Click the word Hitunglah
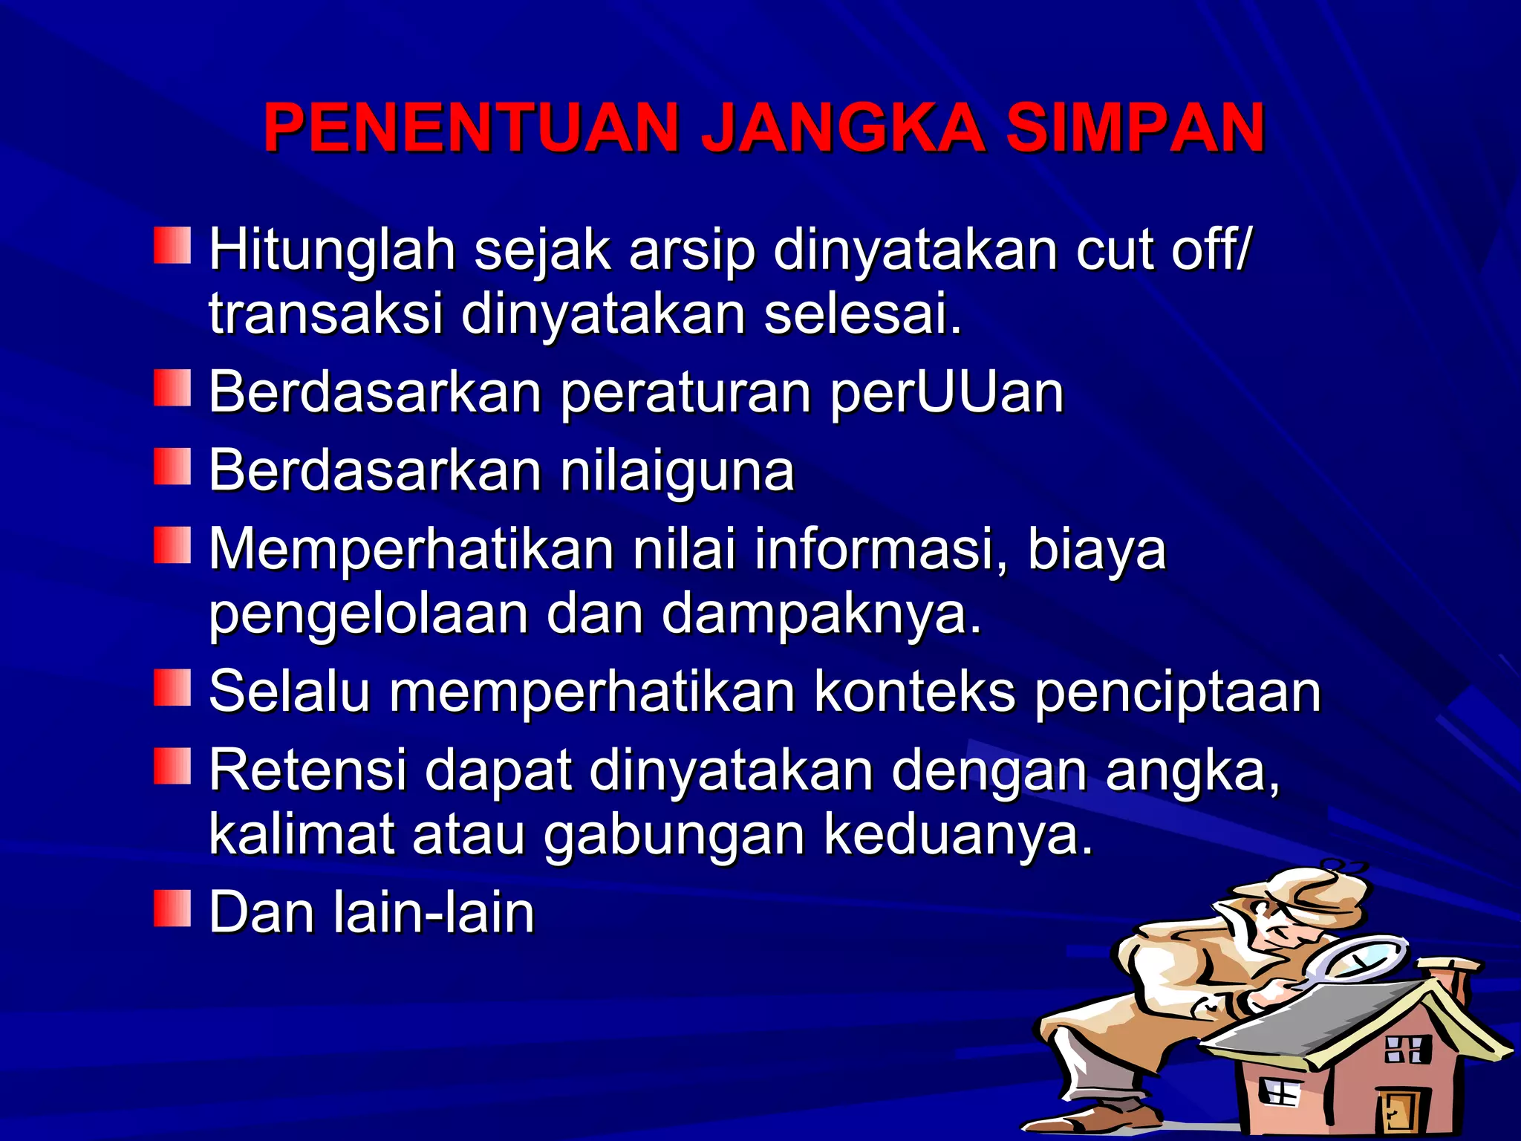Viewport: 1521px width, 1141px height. point(332,251)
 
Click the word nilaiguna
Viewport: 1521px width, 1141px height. point(677,471)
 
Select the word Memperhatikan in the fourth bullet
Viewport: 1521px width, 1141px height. point(411,550)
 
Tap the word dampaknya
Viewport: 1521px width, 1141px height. point(821,614)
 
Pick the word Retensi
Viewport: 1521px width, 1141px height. point(308,770)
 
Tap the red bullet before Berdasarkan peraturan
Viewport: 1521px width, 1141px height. point(172,389)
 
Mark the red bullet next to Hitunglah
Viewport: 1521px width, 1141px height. point(172,245)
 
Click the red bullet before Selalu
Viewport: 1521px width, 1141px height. point(172,688)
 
